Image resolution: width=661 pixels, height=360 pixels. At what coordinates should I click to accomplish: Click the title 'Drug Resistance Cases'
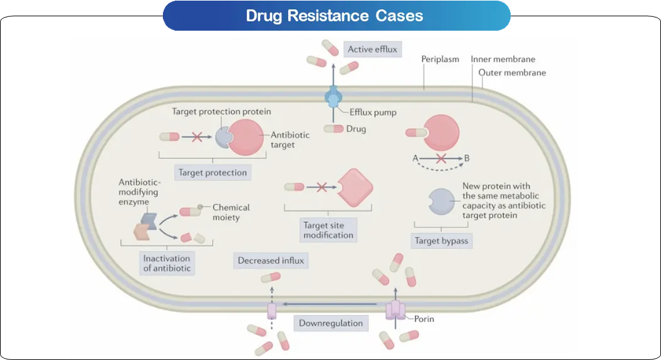tap(334, 16)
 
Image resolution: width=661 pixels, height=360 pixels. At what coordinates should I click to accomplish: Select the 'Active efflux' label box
tap(372, 49)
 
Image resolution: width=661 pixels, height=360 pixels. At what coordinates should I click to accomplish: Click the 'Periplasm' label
tap(440, 59)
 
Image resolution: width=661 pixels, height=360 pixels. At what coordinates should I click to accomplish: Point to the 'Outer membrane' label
tap(512, 73)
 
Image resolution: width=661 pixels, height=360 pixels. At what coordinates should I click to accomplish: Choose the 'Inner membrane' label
tap(503, 59)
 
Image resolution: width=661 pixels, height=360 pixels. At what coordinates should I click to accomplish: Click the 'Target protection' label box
tap(212, 172)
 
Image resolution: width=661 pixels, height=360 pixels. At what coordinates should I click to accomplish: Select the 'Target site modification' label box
tap(328, 230)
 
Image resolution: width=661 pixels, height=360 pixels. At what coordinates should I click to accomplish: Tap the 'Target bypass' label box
tap(441, 240)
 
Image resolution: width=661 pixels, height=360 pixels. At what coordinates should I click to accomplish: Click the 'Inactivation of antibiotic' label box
tap(167, 263)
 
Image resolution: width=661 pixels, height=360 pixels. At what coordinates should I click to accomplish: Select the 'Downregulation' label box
tap(331, 323)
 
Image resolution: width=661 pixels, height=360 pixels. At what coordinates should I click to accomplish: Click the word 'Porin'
tap(424, 319)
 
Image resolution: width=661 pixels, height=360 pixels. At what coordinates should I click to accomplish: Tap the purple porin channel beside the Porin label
tap(395, 309)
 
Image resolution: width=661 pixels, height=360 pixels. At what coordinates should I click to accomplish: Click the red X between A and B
tap(441, 158)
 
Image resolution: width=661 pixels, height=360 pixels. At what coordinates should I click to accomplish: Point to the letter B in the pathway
tap(467, 158)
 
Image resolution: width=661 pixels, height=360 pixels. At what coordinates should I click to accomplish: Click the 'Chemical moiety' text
tap(231, 212)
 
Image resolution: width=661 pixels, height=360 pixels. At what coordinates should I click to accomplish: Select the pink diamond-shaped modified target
tap(355, 186)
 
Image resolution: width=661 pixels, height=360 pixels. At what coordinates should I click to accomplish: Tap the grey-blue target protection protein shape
tap(223, 137)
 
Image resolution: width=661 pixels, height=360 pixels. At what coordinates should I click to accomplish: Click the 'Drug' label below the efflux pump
tap(356, 129)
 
